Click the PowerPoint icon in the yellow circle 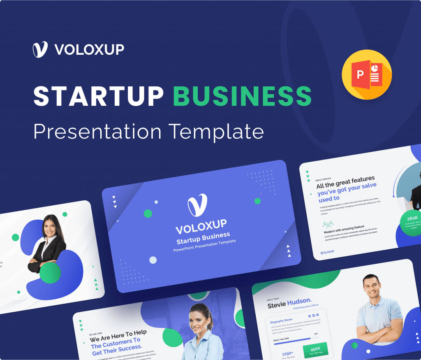point(367,74)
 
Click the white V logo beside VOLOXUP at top point(40,49)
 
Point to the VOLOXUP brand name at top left point(89,49)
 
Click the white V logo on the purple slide point(197,205)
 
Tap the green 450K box point(316,350)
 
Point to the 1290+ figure point(287,353)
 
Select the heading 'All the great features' point(345,182)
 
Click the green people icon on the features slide point(328,224)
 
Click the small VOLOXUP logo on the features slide point(327,252)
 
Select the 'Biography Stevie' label point(282,320)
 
